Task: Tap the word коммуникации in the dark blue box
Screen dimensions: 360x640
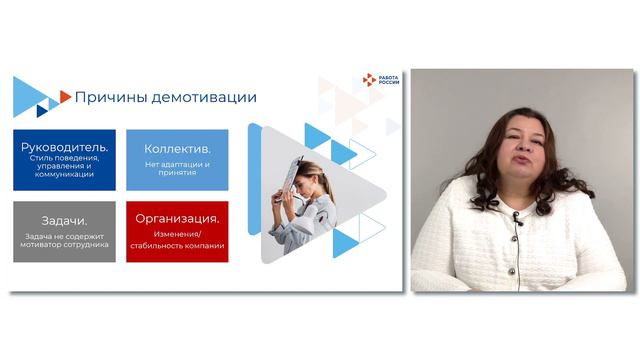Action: (65, 174)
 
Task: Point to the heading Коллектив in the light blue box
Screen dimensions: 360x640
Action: (177, 149)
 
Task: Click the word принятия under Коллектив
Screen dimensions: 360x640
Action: (176, 173)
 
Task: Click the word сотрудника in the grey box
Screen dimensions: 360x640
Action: (88, 244)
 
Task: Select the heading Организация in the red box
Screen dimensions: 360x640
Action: (178, 218)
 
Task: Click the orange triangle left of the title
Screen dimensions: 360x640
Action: (66, 96)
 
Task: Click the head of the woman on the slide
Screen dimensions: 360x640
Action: (311, 173)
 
